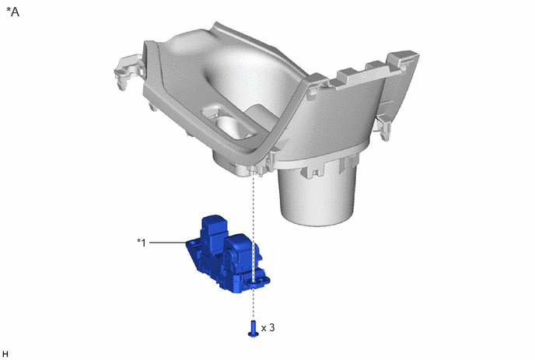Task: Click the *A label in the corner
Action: (13, 12)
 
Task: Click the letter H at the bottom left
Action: (5, 354)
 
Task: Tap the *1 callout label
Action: (142, 243)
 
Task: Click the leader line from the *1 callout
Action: (168, 243)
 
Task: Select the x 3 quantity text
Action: (267, 327)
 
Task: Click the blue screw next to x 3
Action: (253, 328)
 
